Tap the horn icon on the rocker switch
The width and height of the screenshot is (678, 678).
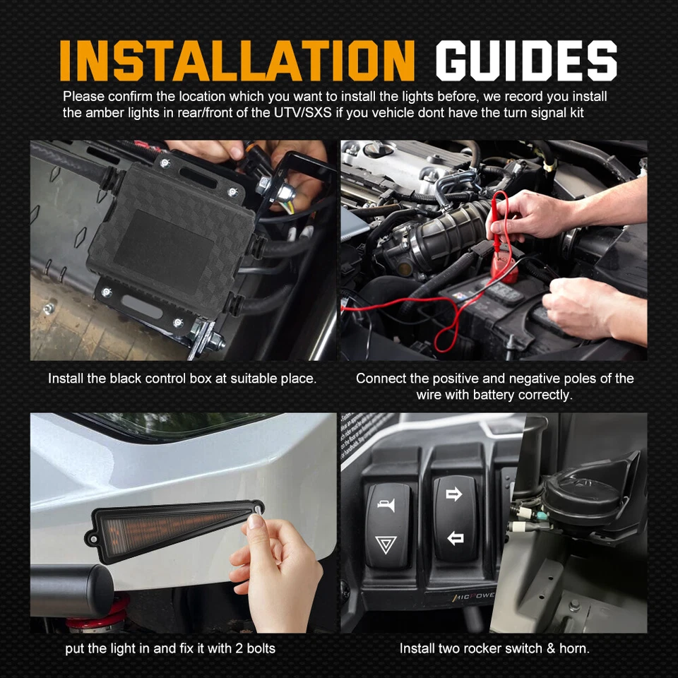click(386, 506)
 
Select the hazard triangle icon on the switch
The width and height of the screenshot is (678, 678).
click(386, 545)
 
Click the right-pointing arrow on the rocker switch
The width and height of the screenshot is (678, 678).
click(455, 494)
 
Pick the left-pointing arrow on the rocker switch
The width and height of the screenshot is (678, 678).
click(456, 539)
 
